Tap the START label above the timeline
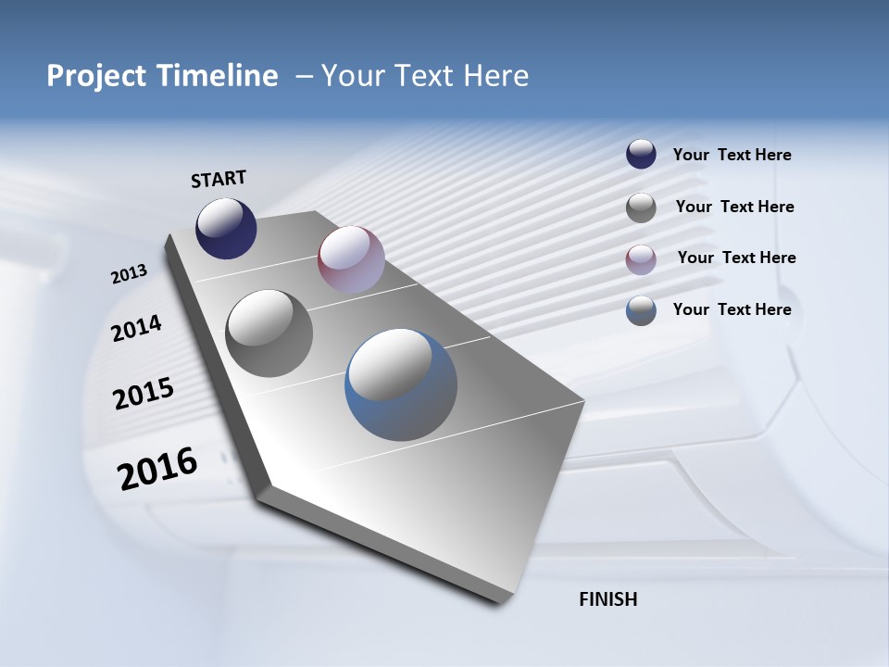[x=219, y=179]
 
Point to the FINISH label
[x=608, y=599]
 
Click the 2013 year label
[x=130, y=274]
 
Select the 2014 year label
[x=136, y=329]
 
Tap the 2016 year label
[x=157, y=469]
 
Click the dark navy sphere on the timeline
[x=226, y=228]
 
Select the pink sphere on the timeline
[x=351, y=259]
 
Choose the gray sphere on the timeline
[x=269, y=333]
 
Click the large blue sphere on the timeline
[x=401, y=384]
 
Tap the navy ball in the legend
[x=641, y=155]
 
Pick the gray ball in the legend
[x=641, y=208]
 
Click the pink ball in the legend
[x=641, y=258]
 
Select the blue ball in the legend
[x=641, y=310]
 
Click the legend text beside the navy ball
[x=732, y=156]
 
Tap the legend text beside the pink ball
[x=736, y=258]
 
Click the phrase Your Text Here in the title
[x=425, y=76]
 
